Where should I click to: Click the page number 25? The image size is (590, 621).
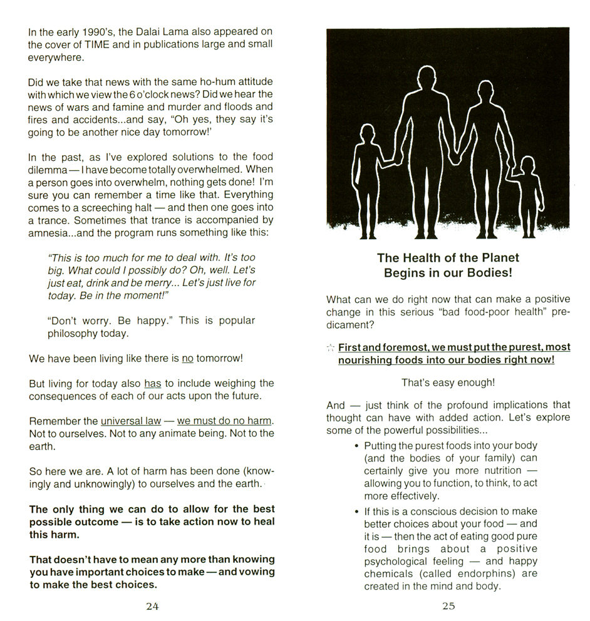pyautogui.click(x=448, y=606)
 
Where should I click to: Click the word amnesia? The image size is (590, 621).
pyautogui.click(x=49, y=232)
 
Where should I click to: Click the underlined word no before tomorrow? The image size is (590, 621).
pyautogui.click(x=187, y=359)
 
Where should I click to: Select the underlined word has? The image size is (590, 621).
pyautogui.click(x=153, y=383)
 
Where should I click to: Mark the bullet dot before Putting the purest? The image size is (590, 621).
pyautogui.click(x=356, y=446)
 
